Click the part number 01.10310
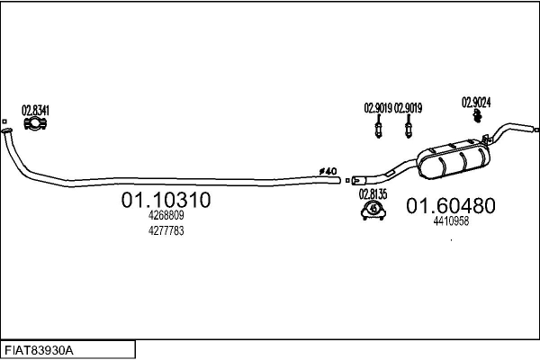click(166, 201)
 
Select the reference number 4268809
click(166, 216)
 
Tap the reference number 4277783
click(166, 231)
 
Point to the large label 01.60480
click(450, 206)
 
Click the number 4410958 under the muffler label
click(450, 220)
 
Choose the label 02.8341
click(35, 110)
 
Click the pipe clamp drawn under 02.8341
click(35, 124)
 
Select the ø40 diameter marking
click(328, 171)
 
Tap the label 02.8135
click(373, 193)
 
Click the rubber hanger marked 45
click(372, 210)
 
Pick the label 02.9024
click(475, 101)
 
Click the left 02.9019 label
click(378, 109)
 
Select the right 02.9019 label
click(408, 109)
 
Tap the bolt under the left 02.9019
click(379, 130)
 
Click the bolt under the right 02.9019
click(409, 130)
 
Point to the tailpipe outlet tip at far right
click(534, 130)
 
